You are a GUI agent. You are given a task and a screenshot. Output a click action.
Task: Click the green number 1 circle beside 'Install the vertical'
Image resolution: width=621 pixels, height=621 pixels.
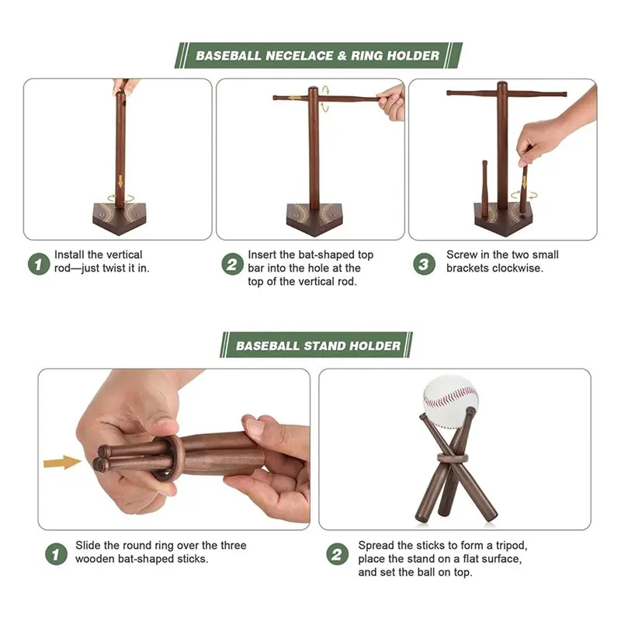point(39,264)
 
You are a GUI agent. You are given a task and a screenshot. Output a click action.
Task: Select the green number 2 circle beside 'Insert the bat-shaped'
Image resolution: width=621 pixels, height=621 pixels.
point(232,264)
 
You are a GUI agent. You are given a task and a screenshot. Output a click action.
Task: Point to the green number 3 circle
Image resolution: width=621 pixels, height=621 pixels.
point(424,264)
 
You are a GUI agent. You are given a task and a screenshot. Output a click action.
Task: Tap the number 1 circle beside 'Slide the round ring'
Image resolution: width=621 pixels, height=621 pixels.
point(56,554)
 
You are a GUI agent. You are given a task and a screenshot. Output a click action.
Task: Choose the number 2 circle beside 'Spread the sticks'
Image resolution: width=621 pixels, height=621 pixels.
point(338,554)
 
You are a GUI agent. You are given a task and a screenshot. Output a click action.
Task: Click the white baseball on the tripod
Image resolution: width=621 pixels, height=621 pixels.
point(450,401)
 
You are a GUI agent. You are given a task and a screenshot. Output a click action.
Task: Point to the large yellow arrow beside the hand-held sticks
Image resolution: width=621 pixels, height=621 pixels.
point(62,462)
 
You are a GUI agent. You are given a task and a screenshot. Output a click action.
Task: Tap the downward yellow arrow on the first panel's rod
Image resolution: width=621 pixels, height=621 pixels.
point(120,182)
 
